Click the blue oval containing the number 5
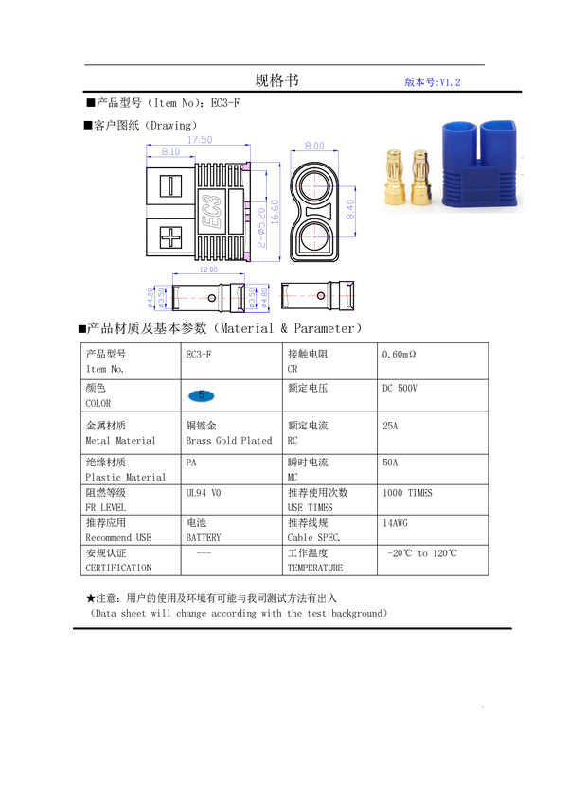click(x=201, y=395)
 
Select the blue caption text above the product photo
click(x=433, y=81)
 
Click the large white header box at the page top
click(x=208, y=42)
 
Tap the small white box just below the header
click(x=222, y=79)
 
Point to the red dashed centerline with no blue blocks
click(x=315, y=296)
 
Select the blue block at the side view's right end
click(x=258, y=298)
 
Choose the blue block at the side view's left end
click(x=157, y=298)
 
